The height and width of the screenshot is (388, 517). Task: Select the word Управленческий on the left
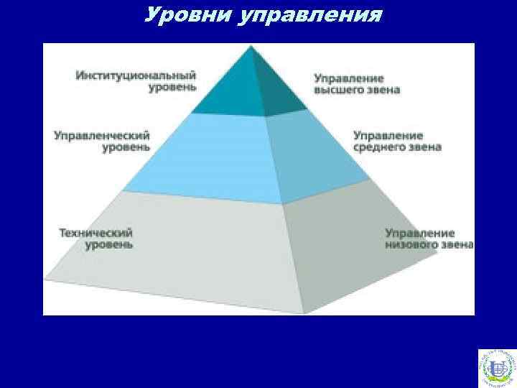click(x=101, y=134)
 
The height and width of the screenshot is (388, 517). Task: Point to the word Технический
click(x=96, y=233)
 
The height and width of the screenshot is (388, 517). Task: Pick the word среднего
click(x=380, y=147)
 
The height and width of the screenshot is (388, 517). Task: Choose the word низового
click(x=411, y=245)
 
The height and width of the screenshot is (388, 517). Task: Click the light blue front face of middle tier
click(x=208, y=158)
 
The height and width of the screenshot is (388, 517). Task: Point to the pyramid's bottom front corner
click(x=304, y=313)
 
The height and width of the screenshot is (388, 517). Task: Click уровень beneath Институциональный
click(x=172, y=88)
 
